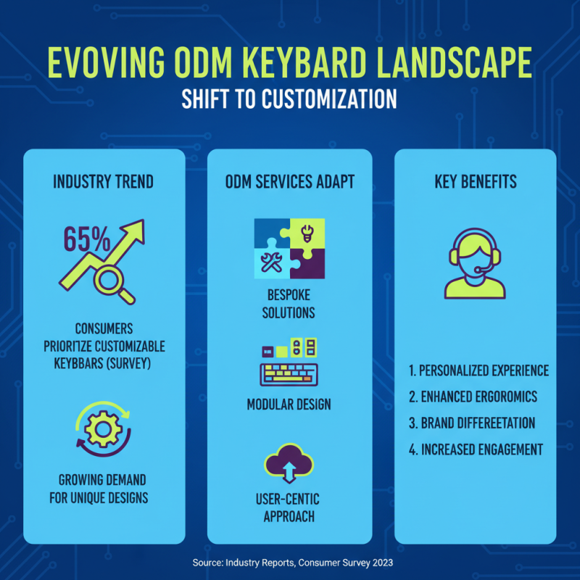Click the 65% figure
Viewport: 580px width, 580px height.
(x=86, y=238)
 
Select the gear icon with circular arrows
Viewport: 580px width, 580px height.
(x=101, y=431)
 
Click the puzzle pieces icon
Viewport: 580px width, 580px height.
(x=289, y=249)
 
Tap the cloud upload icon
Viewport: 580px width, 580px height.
(x=289, y=464)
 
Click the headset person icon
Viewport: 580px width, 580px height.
(x=475, y=265)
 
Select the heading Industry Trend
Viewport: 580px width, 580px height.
(x=103, y=181)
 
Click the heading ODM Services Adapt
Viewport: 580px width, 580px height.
(x=289, y=181)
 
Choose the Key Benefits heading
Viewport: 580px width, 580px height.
(x=475, y=181)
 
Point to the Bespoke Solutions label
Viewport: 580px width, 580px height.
(x=289, y=305)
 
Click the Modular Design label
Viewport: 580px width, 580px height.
(x=289, y=403)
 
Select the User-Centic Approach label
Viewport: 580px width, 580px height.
(x=289, y=507)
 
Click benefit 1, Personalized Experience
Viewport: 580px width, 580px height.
(x=478, y=370)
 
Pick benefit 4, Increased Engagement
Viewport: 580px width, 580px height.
(x=476, y=449)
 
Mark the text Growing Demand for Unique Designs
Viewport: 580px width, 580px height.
(x=102, y=488)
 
